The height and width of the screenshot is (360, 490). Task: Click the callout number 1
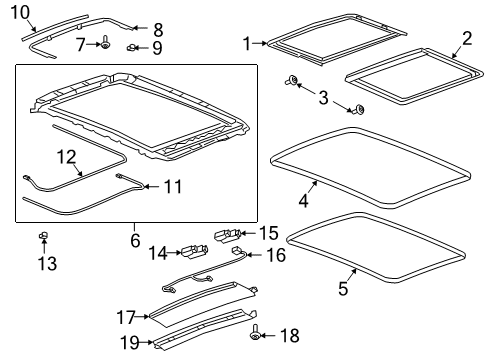[246, 43]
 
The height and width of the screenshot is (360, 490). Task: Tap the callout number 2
[466, 39]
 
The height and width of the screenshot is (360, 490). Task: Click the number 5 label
[341, 290]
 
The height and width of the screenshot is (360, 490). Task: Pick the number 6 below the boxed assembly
[136, 240]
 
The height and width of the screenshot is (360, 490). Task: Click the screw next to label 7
[104, 44]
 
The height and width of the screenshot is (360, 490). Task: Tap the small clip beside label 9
[132, 47]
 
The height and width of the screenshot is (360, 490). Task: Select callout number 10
[19, 12]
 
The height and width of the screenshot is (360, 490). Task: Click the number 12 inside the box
[66, 156]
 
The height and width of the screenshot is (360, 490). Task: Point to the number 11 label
[172, 186]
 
